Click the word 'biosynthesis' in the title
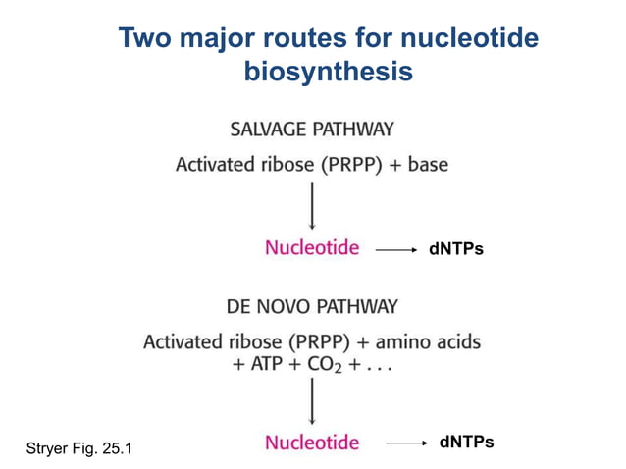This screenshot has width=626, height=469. click(x=328, y=72)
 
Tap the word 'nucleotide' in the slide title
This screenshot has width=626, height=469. click(x=470, y=39)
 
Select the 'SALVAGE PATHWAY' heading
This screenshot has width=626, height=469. click(x=312, y=130)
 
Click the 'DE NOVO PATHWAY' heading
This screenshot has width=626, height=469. click(x=312, y=306)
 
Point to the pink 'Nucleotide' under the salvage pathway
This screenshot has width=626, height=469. click(x=312, y=247)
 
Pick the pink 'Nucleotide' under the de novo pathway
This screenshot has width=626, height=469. click(x=312, y=442)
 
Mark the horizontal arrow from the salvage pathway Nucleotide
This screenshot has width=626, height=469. click(x=396, y=250)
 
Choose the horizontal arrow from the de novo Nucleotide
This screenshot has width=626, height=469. click(x=406, y=443)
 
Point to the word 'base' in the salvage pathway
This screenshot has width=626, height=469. click(x=428, y=165)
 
